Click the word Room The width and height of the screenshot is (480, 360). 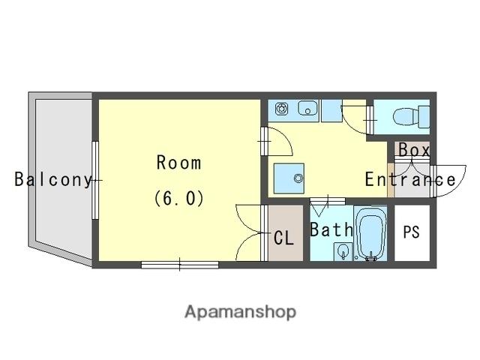(178, 163)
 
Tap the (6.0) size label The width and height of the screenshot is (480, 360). (179, 198)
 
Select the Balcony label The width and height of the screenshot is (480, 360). (53, 180)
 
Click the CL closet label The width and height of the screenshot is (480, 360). (283, 238)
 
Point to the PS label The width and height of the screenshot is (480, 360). (411, 232)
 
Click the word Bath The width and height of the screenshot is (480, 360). (331, 229)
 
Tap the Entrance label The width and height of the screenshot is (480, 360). (410, 180)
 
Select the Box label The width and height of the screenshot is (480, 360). (414, 150)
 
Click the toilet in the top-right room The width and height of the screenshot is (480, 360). (411, 117)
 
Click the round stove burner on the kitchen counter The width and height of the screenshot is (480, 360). (281, 109)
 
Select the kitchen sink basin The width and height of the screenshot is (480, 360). (307, 108)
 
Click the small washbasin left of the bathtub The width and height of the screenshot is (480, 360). (343, 251)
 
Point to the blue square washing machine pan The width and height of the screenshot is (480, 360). (289, 178)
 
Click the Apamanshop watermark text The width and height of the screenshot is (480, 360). (240, 313)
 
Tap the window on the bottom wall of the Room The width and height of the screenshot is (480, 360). (180, 265)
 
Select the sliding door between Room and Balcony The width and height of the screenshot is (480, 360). (95, 180)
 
